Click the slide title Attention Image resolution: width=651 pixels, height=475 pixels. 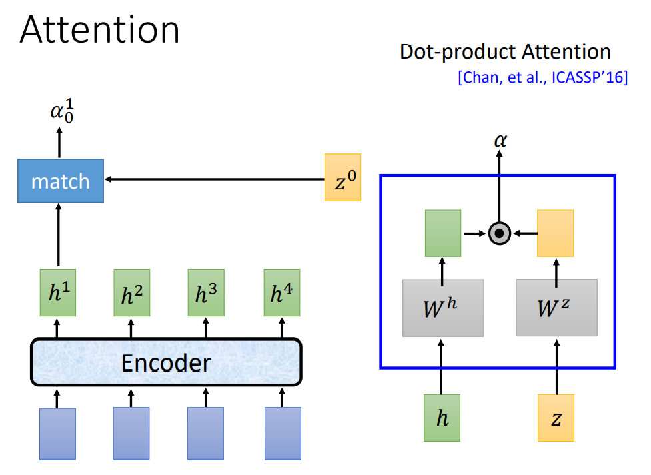pyautogui.click(x=100, y=30)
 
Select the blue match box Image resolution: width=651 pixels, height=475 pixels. pyautogui.click(x=61, y=181)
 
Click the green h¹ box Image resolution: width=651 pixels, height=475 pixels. pyautogui.click(x=58, y=293)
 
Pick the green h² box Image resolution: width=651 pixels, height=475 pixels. pyautogui.click(x=131, y=293)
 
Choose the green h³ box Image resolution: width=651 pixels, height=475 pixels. pyautogui.click(x=206, y=293)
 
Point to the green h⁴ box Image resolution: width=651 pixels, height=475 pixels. pyautogui.click(x=282, y=293)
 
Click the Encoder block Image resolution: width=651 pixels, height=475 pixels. pyautogui.click(x=166, y=362)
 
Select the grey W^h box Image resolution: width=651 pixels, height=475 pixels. pyautogui.click(x=443, y=308)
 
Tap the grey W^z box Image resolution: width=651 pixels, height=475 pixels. pyautogui.click(x=556, y=308)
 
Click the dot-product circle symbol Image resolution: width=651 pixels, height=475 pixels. pyautogui.click(x=499, y=233)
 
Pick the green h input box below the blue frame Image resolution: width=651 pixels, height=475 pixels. pyautogui.click(x=442, y=418)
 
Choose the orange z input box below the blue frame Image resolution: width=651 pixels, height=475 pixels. pyautogui.click(x=556, y=418)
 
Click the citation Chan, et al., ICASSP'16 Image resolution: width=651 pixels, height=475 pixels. pyautogui.click(x=542, y=78)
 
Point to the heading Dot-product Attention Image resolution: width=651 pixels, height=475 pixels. pyautogui.click(x=505, y=51)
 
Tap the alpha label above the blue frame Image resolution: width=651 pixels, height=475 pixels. pyautogui.click(x=499, y=141)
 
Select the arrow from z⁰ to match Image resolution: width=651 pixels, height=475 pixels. pyautogui.click(x=213, y=179)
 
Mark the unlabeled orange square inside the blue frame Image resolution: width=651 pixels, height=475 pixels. pyautogui.click(x=555, y=233)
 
